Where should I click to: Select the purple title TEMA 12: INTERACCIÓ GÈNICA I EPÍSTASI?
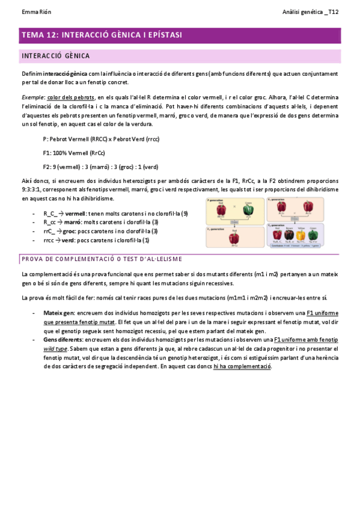(102, 35)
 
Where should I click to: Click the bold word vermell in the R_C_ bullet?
(75, 214)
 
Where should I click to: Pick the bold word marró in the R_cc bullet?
(73, 222)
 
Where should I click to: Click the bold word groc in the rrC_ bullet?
(69, 231)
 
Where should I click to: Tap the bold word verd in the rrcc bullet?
(68, 239)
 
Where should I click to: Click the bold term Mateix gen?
(59, 313)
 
